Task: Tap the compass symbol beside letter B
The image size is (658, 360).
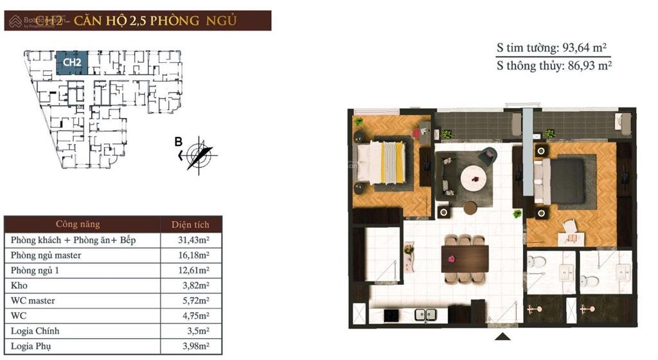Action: coord(200,154)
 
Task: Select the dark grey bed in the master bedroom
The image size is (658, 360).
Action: coord(560,181)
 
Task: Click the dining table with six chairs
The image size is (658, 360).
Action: coord(465,258)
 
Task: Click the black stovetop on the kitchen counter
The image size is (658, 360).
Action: coord(390,315)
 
